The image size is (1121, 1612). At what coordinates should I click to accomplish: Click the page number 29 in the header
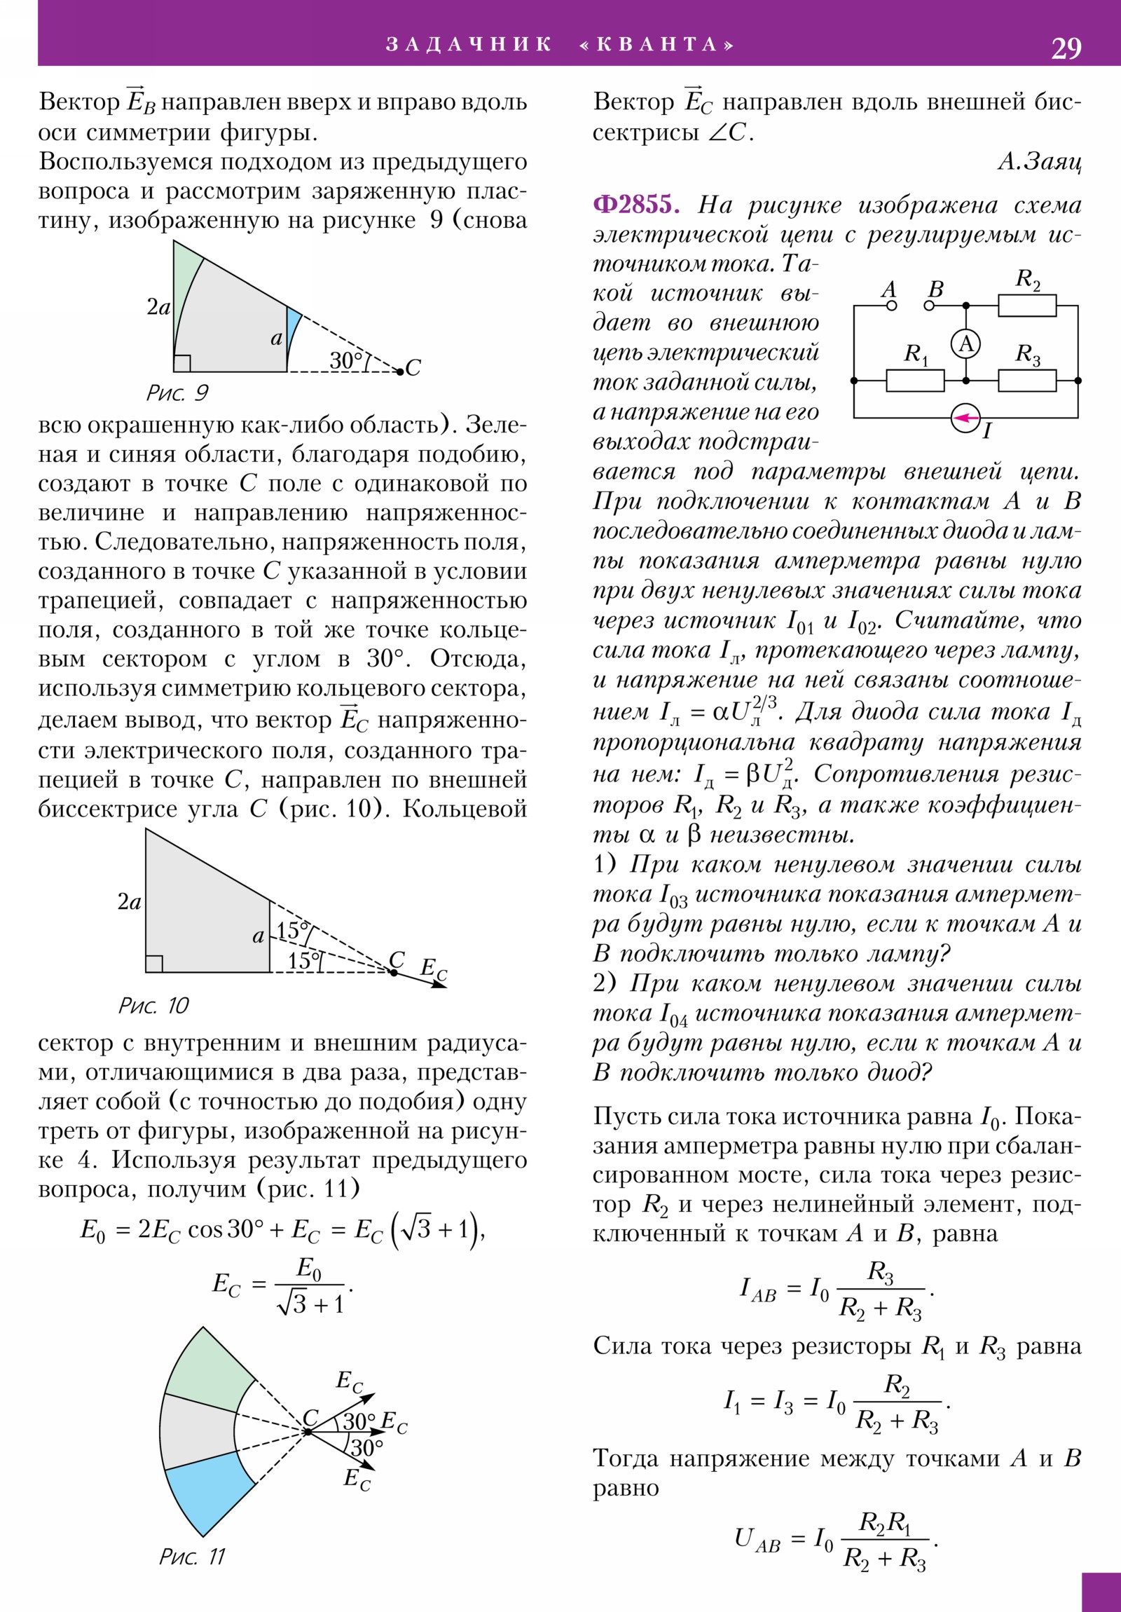click(1066, 48)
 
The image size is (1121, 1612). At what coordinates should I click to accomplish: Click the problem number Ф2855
click(635, 205)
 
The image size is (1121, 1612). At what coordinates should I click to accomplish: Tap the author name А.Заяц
click(1040, 162)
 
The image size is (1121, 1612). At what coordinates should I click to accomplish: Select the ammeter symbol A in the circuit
click(966, 344)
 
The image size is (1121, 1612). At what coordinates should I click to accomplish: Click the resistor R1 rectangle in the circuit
click(914, 381)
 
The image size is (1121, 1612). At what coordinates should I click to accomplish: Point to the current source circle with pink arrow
click(966, 418)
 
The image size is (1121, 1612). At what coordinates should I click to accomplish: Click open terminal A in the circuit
click(891, 306)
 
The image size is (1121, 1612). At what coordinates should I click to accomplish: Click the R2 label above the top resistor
click(1028, 280)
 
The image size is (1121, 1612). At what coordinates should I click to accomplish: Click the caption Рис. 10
click(153, 1005)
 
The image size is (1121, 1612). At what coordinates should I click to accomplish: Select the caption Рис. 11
click(192, 1557)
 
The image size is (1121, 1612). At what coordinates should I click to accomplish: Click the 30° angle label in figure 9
click(346, 360)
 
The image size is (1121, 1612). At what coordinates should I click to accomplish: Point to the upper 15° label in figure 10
click(292, 931)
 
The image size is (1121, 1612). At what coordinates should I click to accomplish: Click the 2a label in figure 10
click(129, 902)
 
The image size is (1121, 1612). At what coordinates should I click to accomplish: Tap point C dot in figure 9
click(400, 371)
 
